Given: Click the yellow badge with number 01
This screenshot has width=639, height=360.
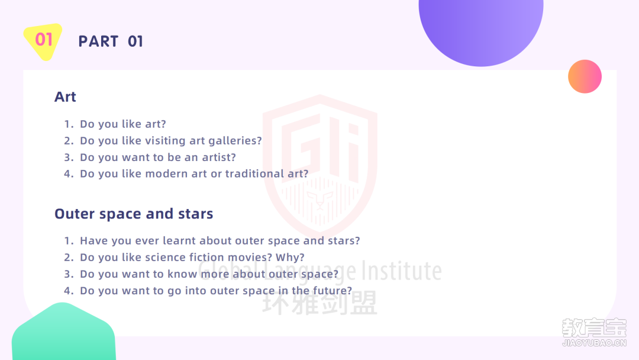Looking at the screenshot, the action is click(43, 41).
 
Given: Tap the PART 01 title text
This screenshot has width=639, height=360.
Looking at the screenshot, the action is click(111, 41).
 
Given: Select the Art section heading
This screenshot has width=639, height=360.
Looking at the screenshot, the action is click(65, 97).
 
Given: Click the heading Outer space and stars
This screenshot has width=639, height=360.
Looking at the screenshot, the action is click(134, 214).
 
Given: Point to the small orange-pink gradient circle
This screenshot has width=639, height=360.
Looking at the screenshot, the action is click(585, 76).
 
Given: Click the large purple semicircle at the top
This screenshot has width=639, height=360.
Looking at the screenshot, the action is click(481, 28).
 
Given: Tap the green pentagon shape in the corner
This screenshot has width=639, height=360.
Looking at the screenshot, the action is click(63, 332).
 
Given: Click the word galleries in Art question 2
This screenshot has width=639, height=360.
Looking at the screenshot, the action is click(235, 141).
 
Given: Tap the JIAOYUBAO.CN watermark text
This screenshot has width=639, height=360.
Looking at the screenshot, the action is click(594, 343).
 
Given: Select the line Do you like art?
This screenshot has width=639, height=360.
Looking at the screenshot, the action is click(122, 124).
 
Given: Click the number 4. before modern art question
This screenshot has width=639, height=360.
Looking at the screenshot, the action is click(69, 173).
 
